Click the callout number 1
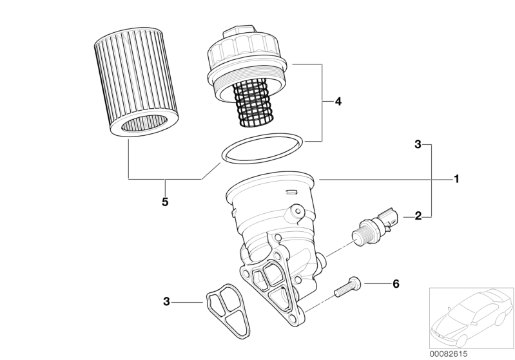point(456,179)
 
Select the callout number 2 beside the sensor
point(418,216)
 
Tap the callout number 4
point(338,102)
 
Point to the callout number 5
point(165,202)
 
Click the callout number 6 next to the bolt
point(396,284)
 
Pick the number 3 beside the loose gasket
point(167,301)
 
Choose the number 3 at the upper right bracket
point(418,145)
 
